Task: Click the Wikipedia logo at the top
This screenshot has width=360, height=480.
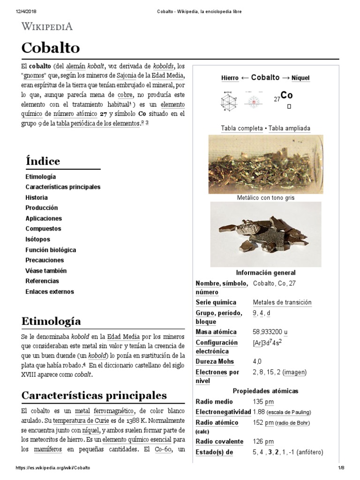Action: tap(47, 26)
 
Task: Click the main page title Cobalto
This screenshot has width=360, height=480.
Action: tap(51, 48)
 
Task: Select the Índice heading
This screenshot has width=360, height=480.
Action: tap(43, 161)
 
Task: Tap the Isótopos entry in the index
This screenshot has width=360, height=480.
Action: tap(37, 239)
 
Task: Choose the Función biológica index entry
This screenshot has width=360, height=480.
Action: tap(51, 250)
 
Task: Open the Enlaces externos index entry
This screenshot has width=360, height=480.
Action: tap(50, 292)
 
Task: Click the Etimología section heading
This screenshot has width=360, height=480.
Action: tap(51, 321)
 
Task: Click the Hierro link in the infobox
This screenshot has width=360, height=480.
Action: tap(230, 78)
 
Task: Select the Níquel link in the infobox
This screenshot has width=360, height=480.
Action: tap(300, 78)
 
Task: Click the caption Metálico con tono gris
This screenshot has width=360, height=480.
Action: tap(266, 198)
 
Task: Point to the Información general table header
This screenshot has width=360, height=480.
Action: tap(266, 273)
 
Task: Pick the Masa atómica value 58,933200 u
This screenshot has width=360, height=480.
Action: tap(270, 332)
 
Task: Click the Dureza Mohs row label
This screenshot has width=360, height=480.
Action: tap(215, 362)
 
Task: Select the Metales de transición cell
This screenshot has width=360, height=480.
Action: tap(282, 302)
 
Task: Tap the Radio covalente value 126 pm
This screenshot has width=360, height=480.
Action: tap(263, 442)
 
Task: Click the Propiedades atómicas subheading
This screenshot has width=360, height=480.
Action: tap(265, 391)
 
